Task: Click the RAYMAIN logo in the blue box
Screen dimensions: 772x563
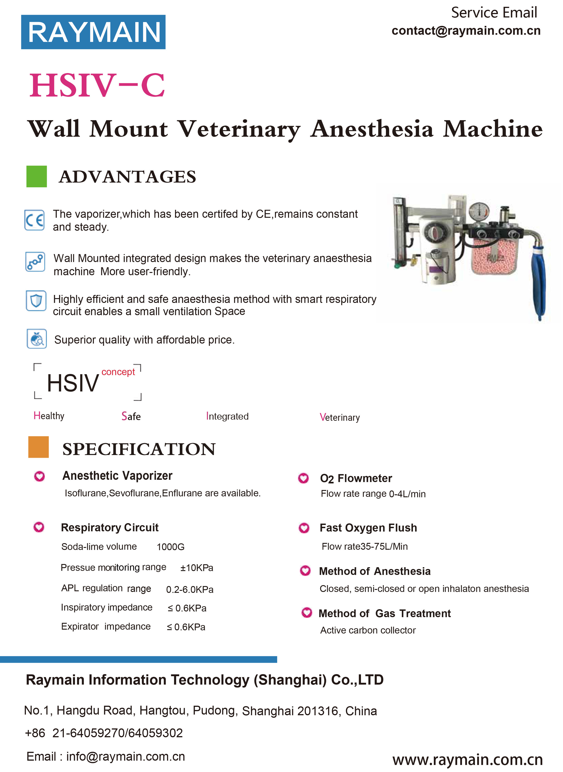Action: pos(93,32)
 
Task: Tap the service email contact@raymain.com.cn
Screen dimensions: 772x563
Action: pos(466,31)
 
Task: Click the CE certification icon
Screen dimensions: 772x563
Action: pos(35,220)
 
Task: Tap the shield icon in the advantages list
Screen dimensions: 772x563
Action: pos(36,301)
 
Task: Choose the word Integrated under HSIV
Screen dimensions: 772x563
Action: pos(227,416)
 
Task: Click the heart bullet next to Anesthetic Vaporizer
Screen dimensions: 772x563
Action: pos(40,476)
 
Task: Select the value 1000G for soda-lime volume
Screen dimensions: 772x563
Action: pos(170,547)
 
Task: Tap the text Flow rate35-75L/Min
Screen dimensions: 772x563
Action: pos(364,546)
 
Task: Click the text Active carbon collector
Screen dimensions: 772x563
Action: pos(368,630)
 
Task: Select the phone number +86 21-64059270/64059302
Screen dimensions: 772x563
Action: pos(104,732)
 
